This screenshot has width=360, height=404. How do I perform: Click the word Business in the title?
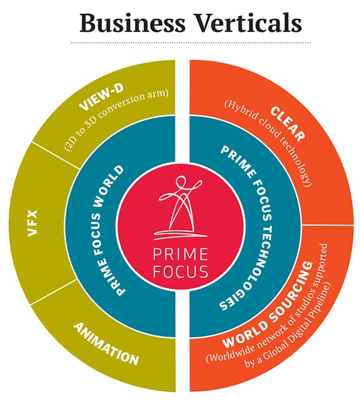point(133,23)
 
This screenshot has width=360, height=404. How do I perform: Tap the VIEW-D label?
point(102,96)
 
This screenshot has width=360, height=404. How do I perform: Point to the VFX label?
point(33,223)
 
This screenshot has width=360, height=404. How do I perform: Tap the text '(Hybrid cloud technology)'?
point(268,143)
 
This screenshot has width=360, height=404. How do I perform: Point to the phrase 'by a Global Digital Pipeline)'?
point(287,325)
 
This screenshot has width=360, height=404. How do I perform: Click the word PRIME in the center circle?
point(180,254)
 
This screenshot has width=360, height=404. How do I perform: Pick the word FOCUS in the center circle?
point(180,271)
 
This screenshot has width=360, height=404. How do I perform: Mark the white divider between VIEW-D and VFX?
point(56,155)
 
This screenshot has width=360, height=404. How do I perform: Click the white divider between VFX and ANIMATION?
point(54,292)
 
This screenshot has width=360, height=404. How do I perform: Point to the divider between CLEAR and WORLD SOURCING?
point(328,225)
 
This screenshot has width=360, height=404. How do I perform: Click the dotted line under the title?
point(191,43)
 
